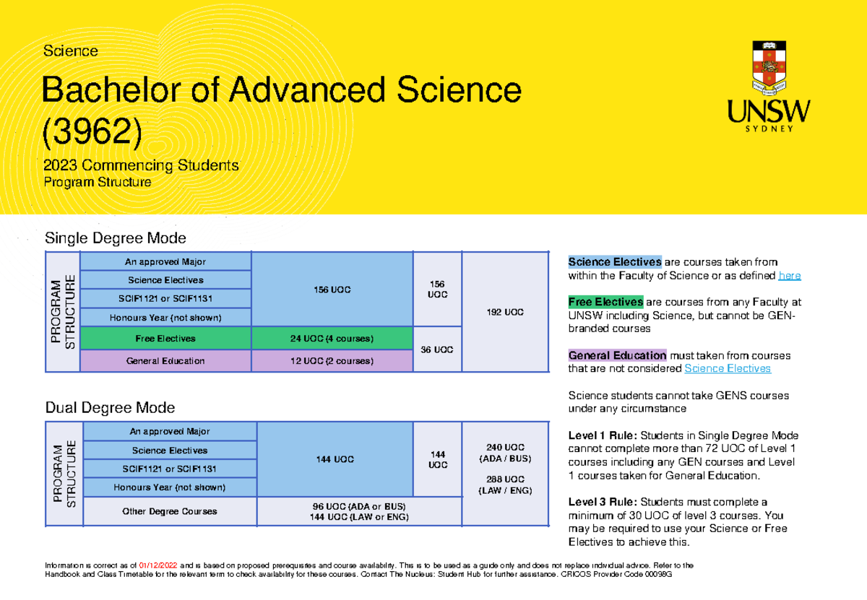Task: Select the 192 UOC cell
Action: coord(504,312)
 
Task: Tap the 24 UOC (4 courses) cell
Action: coord(332,338)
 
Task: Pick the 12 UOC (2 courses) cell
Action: coord(332,361)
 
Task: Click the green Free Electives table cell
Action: coord(165,338)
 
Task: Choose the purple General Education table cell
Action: coord(165,361)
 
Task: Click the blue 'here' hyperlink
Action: coord(789,276)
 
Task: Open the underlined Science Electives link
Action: coord(727,369)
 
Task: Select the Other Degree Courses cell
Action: coord(171,511)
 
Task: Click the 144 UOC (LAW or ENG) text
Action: coord(358,518)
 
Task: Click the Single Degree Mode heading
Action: coord(116,238)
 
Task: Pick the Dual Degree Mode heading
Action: coord(110,408)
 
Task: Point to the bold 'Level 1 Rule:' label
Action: coord(603,435)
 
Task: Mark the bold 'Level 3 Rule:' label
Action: coord(603,503)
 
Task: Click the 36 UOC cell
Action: coord(437,349)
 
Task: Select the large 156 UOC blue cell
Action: coord(332,290)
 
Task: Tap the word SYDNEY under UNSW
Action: coord(769,129)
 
